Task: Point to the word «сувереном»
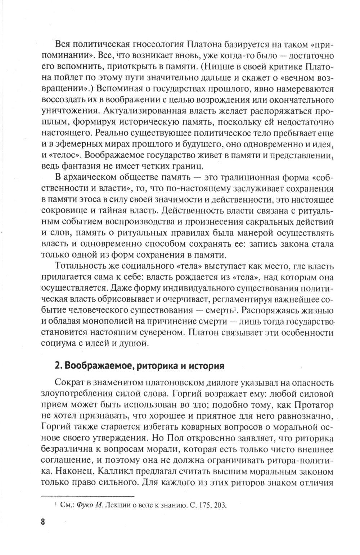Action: pos(159,332)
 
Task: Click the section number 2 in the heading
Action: pos(56,366)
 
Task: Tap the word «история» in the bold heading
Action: pos(206,366)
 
